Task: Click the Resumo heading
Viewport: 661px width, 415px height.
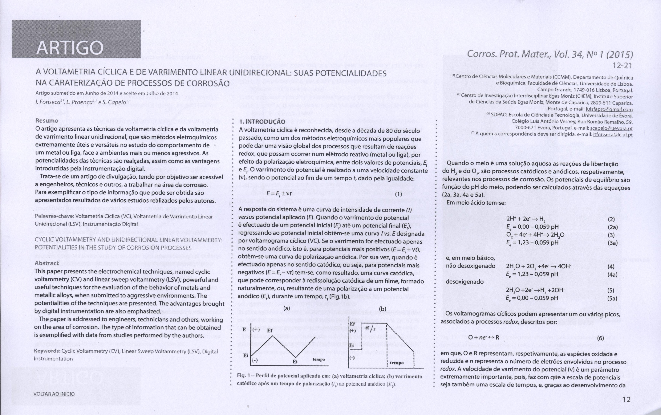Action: coord(47,120)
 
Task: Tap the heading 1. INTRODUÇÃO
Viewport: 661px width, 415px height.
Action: coord(262,122)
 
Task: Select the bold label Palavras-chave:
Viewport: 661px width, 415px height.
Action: coord(55,217)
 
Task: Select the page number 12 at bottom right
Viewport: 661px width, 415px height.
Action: coord(627,399)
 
